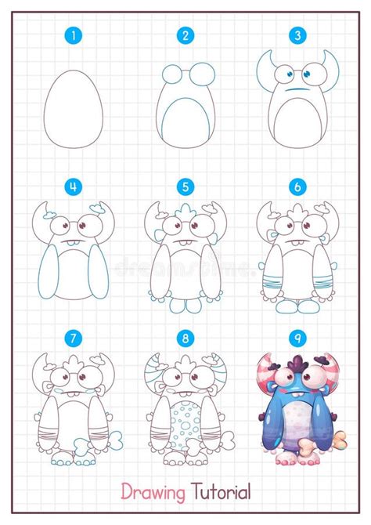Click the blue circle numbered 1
coord(74,35)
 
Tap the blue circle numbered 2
coord(185,35)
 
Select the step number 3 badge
coord(297,35)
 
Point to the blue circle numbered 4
coord(74,187)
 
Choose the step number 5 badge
coord(185,187)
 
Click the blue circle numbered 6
coord(297,187)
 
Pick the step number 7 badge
coord(74,339)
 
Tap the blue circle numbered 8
coord(185,339)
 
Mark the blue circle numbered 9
coord(297,339)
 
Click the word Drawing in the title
coord(153,492)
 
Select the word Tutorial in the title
coord(221,492)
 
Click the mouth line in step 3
coord(296,91)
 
